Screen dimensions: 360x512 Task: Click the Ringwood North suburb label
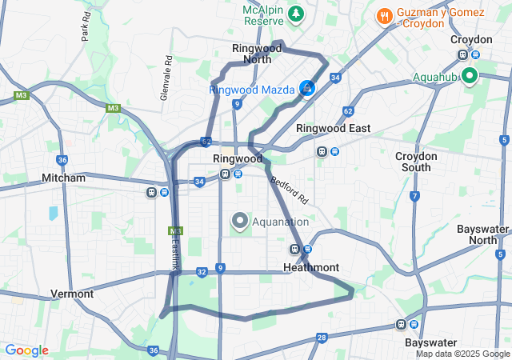[257, 53]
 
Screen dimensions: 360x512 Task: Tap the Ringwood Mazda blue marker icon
[306, 89]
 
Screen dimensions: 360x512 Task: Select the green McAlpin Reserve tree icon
[296, 14]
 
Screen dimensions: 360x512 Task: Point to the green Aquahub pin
[469, 77]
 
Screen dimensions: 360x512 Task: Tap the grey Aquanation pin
[239, 221]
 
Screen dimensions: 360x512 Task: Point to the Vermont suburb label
[72, 294]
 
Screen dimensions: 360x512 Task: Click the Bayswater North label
[482, 234]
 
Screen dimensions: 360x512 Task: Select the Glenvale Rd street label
[166, 78]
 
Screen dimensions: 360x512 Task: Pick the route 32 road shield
[202, 273]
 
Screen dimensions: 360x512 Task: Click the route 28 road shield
[321, 338]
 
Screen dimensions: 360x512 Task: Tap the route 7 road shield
[414, 196]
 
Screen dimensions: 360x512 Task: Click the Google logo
[26, 350]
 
